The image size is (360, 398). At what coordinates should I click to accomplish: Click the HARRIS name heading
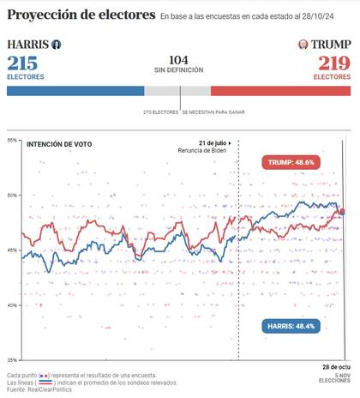(x=27, y=44)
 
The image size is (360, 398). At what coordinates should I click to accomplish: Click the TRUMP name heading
(x=332, y=44)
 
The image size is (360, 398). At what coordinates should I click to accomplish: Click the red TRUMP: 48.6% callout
(x=292, y=161)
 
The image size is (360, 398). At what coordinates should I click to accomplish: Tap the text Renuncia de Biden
(x=209, y=151)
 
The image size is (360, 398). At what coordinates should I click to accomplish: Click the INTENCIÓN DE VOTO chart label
(x=59, y=144)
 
